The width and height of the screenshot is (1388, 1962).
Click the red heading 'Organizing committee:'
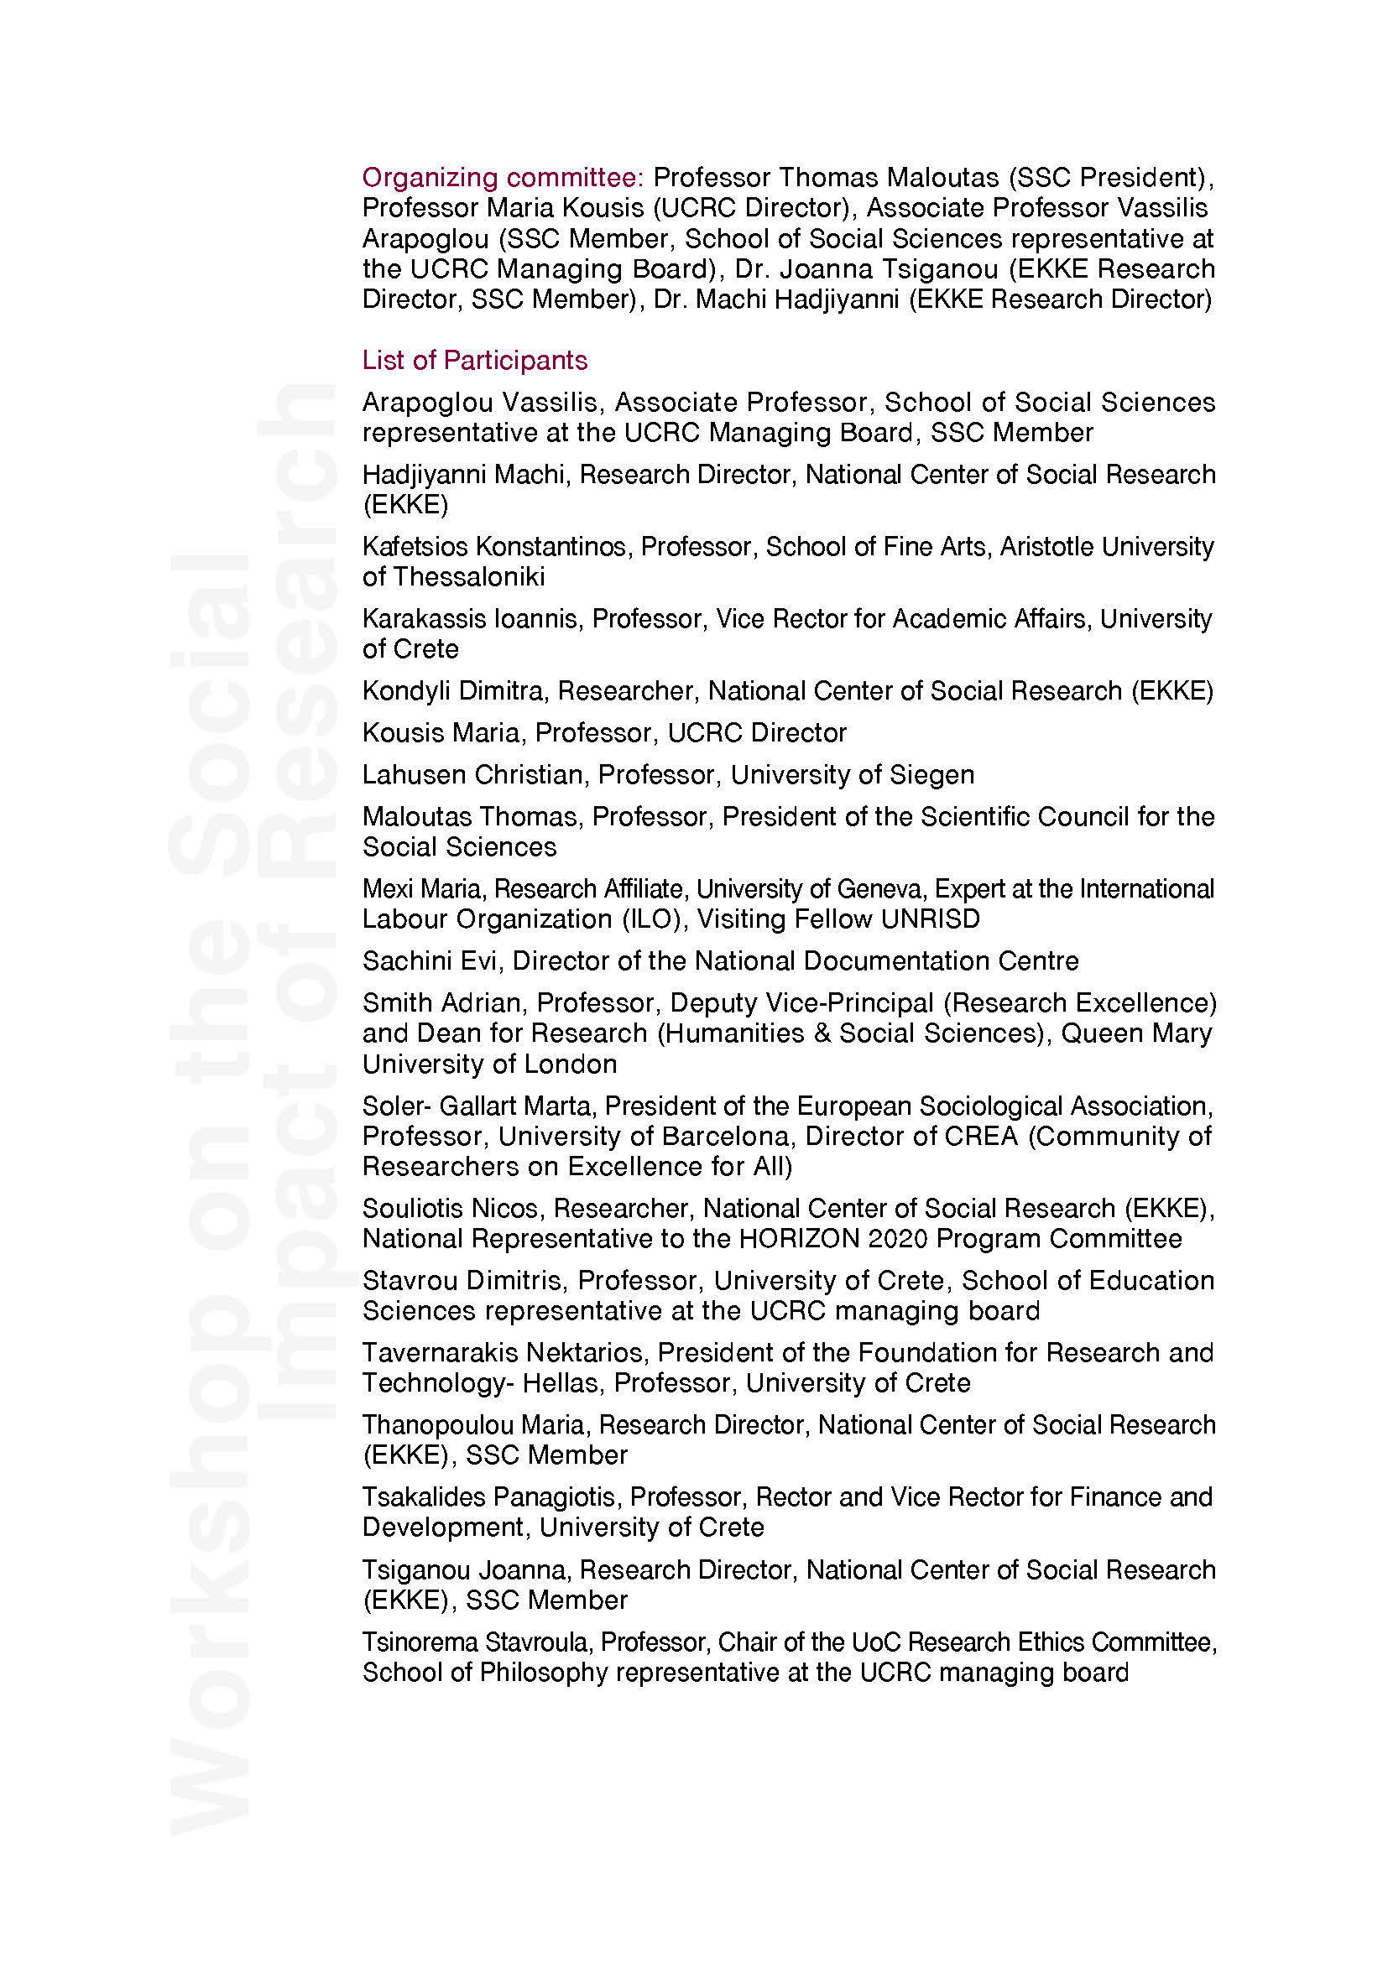pyautogui.click(x=503, y=178)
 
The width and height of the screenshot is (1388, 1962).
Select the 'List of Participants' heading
pyautogui.click(x=474, y=361)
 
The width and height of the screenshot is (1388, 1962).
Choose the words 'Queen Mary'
pyautogui.click(x=1137, y=1033)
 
